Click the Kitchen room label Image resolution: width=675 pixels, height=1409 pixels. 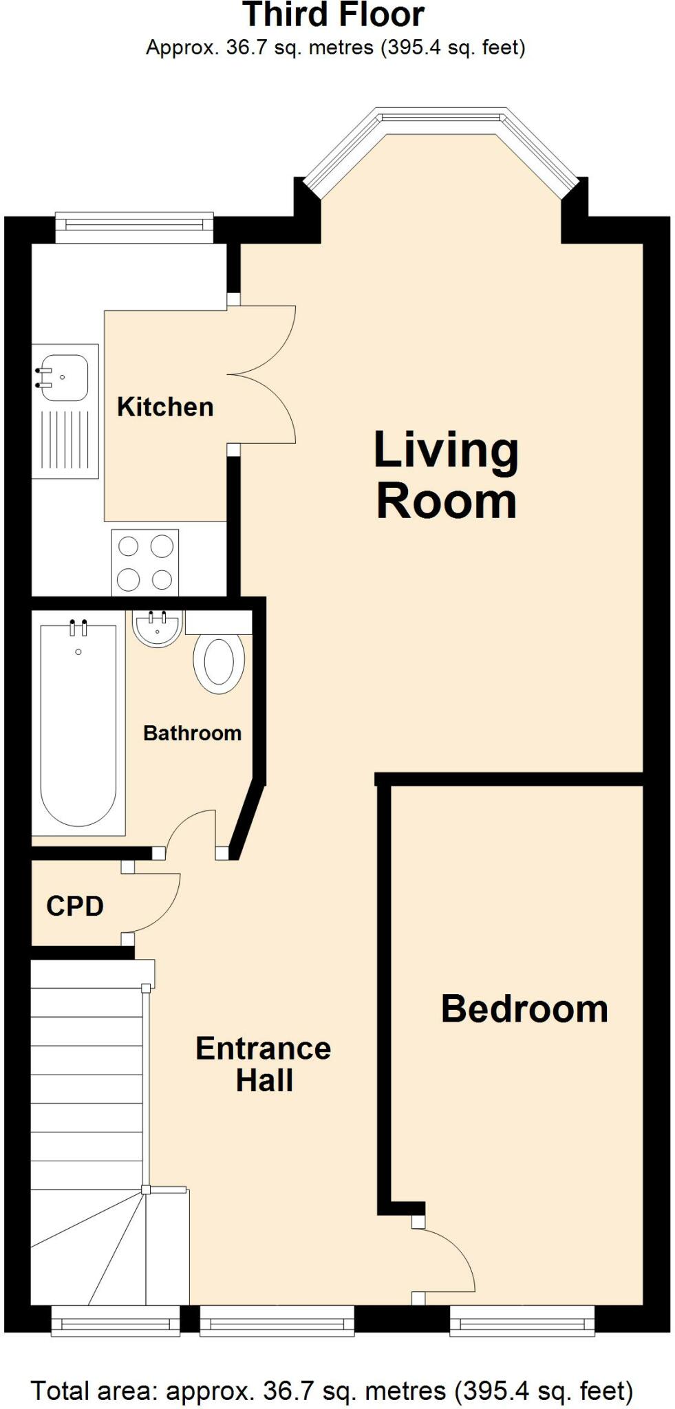click(x=165, y=407)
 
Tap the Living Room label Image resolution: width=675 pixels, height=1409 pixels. click(x=446, y=475)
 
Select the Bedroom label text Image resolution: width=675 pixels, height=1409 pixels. click(x=524, y=1009)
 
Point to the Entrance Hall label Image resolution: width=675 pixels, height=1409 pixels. click(x=264, y=1064)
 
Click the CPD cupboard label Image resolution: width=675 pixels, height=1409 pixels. click(x=74, y=906)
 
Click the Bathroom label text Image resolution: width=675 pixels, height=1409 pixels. click(x=192, y=733)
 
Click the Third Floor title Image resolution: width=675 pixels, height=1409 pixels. click(x=334, y=15)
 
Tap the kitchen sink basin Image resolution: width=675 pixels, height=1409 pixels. click(x=63, y=377)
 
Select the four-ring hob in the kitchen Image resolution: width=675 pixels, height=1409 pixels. click(x=145, y=563)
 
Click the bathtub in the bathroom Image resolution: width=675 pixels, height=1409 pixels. click(x=78, y=726)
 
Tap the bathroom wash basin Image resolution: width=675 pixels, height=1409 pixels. click(x=158, y=629)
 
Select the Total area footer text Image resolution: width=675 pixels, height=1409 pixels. click(x=332, y=1390)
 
